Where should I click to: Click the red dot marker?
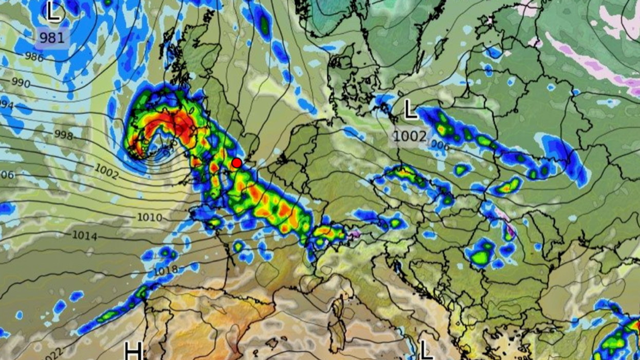(236, 163)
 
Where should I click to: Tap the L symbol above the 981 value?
(53, 11)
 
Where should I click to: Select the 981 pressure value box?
(52, 38)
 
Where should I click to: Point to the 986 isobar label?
(34, 57)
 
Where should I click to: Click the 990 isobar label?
(21, 82)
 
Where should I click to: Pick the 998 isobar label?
(63, 135)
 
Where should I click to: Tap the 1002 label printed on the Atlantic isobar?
(106, 171)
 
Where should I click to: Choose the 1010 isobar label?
(149, 218)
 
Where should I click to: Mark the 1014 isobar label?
(84, 236)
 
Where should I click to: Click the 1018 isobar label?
(166, 269)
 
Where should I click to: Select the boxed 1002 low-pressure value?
(410, 136)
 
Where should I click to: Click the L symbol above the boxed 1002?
(410, 110)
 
